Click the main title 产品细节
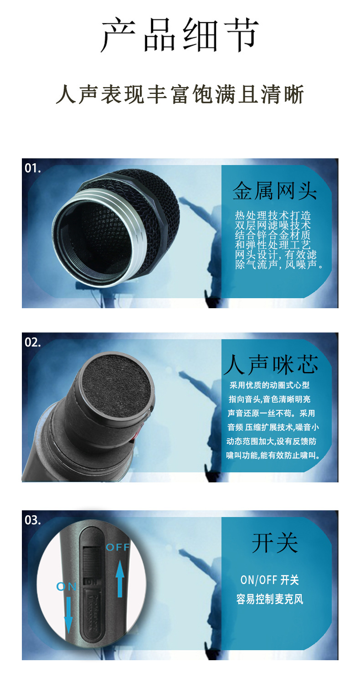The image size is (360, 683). click(180, 35)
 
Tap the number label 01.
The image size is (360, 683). click(32, 168)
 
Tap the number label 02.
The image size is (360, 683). click(32, 342)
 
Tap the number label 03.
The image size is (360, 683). click(32, 520)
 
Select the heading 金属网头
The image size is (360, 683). click(274, 191)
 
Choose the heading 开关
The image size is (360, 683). click(275, 543)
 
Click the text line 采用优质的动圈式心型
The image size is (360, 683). click(269, 386)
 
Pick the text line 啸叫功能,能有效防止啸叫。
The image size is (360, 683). click(273, 455)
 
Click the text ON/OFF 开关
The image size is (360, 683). click(269, 580)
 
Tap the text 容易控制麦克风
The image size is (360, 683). click(269, 599)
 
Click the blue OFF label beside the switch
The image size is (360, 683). click(118, 547)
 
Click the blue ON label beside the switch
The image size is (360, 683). click(67, 587)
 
